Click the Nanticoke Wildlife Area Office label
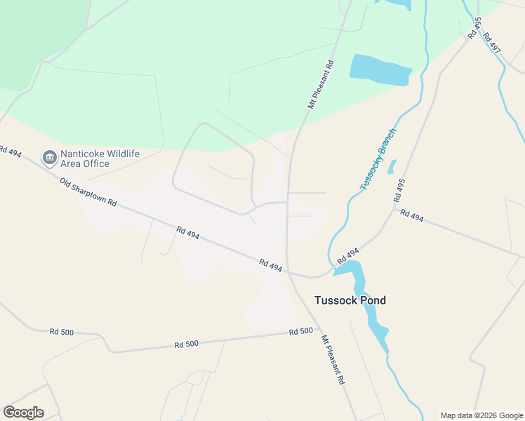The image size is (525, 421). (x=100, y=159)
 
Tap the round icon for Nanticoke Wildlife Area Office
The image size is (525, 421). (x=49, y=158)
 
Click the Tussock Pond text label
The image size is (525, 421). (x=350, y=300)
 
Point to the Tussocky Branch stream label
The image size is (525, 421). (x=378, y=159)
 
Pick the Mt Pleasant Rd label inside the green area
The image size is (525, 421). (x=320, y=83)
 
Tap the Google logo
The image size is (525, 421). (x=23, y=413)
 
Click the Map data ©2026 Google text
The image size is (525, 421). (x=481, y=415)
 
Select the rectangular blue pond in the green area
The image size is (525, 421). (x=380, y=69)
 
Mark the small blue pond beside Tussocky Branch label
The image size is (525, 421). (x=392, y=167)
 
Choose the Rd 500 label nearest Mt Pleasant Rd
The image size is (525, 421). (x=300, y=331)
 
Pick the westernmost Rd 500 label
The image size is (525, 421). (x=62, y=331)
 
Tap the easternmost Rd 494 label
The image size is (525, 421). (x=412, y=215)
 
